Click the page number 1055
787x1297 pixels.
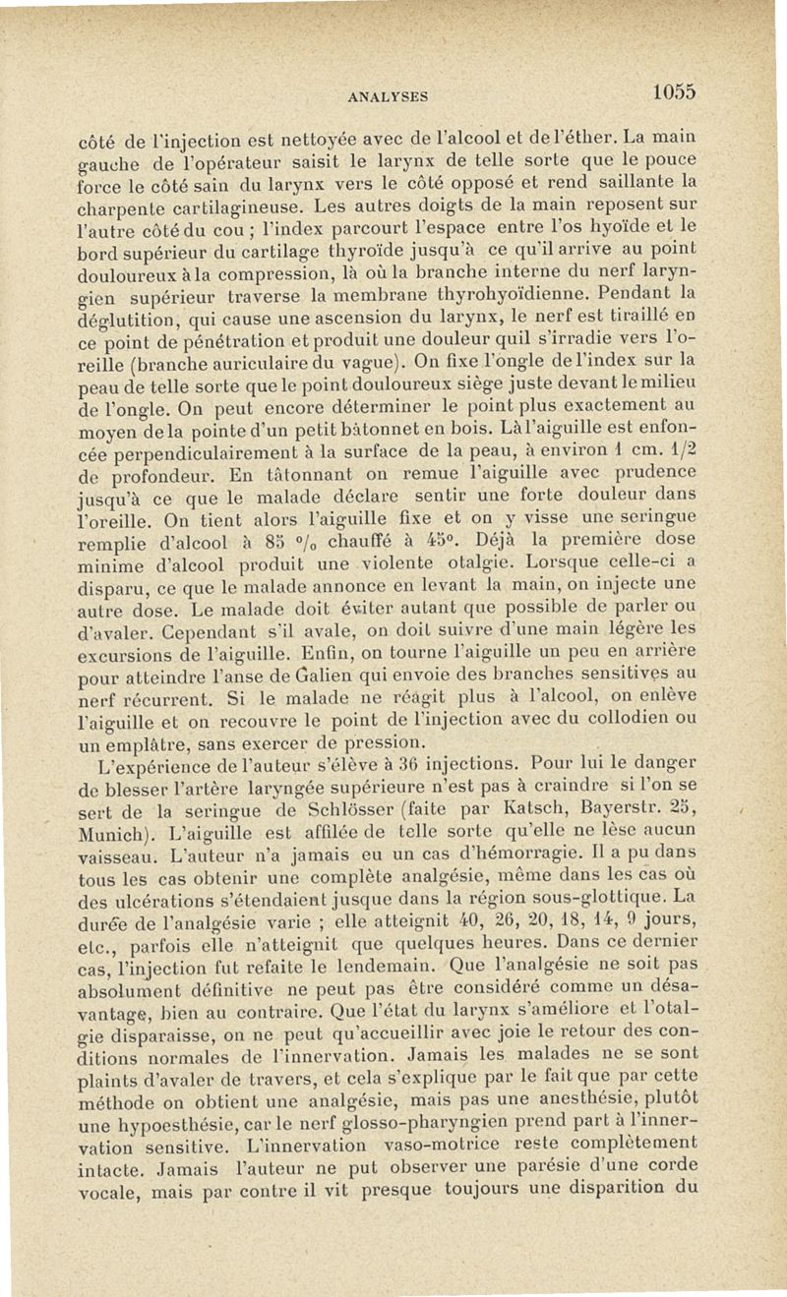(x=673, y=90)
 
